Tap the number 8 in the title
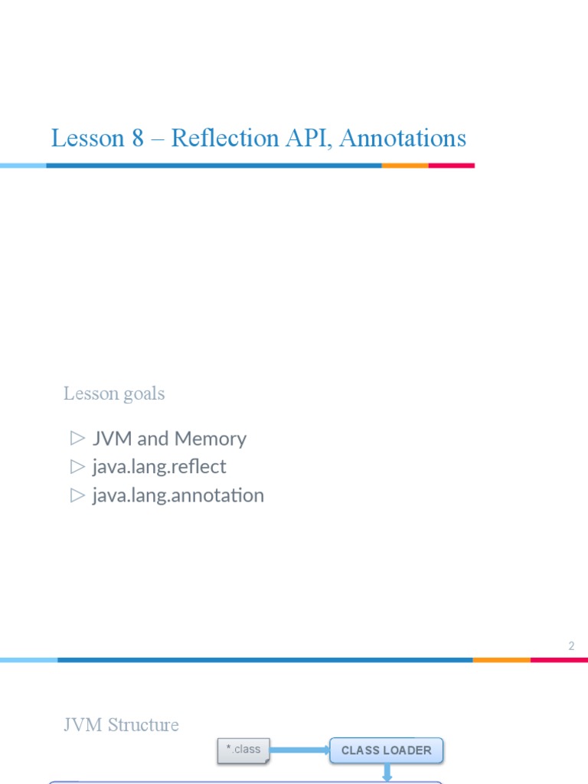tap(137, 139)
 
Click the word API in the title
tap(309, 139)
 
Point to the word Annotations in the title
tap(402, 139)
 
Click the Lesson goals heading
tap(114, 394)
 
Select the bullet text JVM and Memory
tap(169, 439)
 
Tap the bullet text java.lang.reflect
tap(159, 466)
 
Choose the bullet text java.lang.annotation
tap(178, 495)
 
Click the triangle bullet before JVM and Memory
tap(77, 438)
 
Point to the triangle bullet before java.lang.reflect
tap(77, 465)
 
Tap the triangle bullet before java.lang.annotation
tap(77, 495)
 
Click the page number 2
tap(571, 646)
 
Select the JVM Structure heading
tap(121, 725)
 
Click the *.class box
tap(243, 750)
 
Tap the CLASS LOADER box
tap(386, 750)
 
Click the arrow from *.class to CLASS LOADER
tap(299, 750)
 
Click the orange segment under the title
tap(405, 165)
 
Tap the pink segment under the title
tap(451, 165)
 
